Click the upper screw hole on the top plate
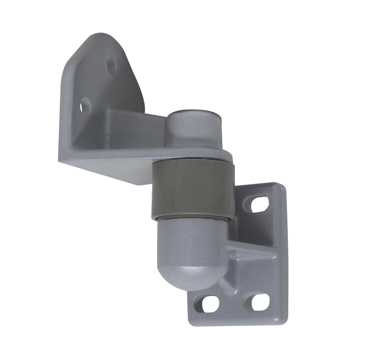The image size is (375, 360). point(111,66)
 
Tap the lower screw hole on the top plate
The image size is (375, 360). point(86,105)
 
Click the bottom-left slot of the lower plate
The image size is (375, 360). point(209,303)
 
